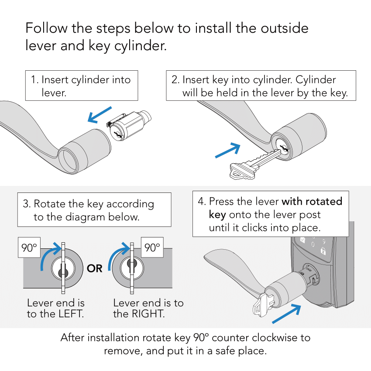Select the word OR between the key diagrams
click(x=95, y=268)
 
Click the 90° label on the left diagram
click(x=29, y=248)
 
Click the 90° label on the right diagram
click(x=152, y=248)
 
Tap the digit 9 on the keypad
click(x=324, y=240)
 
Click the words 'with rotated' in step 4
click(x=312, y=202)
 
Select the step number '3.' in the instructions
click(x=27, y=204)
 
